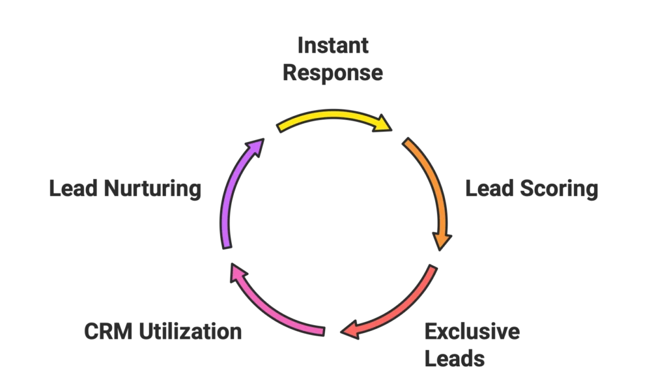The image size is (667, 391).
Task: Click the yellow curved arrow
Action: [332, 116]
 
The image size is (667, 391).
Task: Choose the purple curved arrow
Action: [230, 189]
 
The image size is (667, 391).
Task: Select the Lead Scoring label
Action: [530, 190]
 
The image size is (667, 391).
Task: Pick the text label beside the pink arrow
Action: [163, 332]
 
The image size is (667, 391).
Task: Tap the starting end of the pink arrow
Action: [322, 332]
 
